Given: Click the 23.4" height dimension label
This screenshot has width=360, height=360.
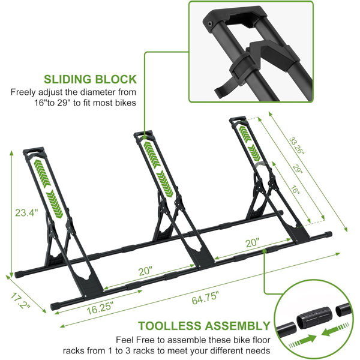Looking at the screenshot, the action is (x=26, y=212).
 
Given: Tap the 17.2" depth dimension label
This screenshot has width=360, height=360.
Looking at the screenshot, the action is (x=20, y=301).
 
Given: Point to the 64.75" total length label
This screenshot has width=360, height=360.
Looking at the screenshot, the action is (x=205, y=298).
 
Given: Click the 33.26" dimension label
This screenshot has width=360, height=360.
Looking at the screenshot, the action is (x=296, y=146).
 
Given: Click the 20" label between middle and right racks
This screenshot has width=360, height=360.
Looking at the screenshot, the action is (x=253, y=242).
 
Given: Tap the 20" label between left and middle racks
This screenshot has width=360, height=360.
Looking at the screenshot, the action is (x=145, y=271).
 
